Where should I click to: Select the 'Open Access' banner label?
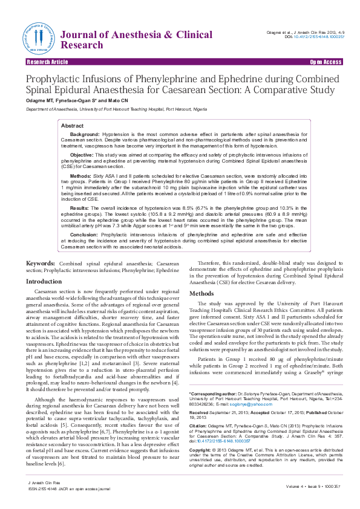326,62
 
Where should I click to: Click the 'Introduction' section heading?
44,282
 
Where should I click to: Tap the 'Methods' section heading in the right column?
201,293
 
